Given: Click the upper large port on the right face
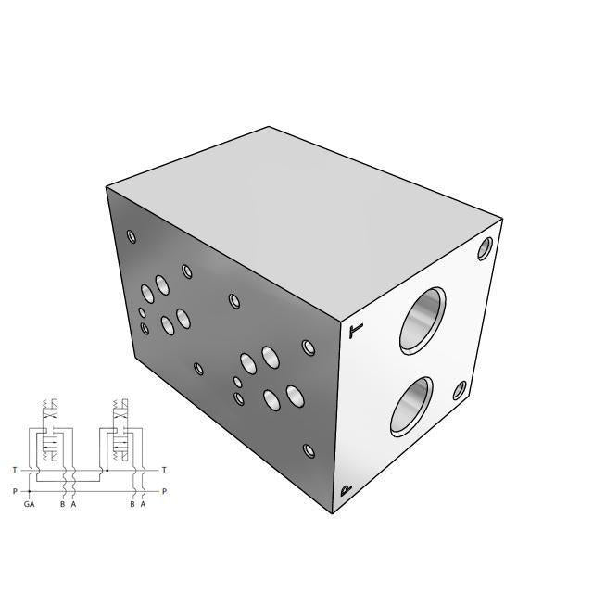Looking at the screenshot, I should (423, 321).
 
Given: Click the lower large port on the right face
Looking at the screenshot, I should (411, 406).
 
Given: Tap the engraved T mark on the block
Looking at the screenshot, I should (356, 330).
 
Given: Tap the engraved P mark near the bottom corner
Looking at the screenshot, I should (346, 491).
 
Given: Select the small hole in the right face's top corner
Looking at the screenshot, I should (486, 247).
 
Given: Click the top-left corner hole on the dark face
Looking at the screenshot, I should (132, 235).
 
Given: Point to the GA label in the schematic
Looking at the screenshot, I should (30, 504).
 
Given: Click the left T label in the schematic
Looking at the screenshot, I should (14, 471).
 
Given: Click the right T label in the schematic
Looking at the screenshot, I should (164, 471).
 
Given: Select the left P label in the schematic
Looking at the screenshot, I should (14, 491).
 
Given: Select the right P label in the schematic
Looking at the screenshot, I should (164, 491).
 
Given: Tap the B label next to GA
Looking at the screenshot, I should (62, 504).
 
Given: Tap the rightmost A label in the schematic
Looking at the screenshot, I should (143, 504).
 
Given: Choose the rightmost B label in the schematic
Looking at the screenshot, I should (132, 504).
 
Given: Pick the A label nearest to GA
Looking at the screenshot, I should (72, 504).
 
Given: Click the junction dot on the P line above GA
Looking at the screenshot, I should (31, 491).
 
